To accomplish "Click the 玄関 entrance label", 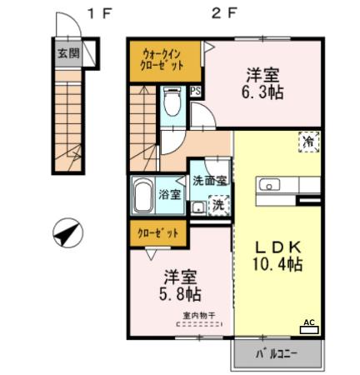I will coord(67,53).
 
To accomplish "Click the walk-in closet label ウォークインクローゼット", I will coord(163,59).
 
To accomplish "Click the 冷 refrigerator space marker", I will coord(308,142).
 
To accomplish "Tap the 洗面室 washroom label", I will coord(211,179).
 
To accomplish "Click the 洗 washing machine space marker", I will coord(217,203).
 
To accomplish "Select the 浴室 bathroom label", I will coord(171,195).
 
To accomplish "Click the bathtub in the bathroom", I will coord(144,197).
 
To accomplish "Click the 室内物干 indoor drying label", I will coord(199,316).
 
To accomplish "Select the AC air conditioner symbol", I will coord(308,327).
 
